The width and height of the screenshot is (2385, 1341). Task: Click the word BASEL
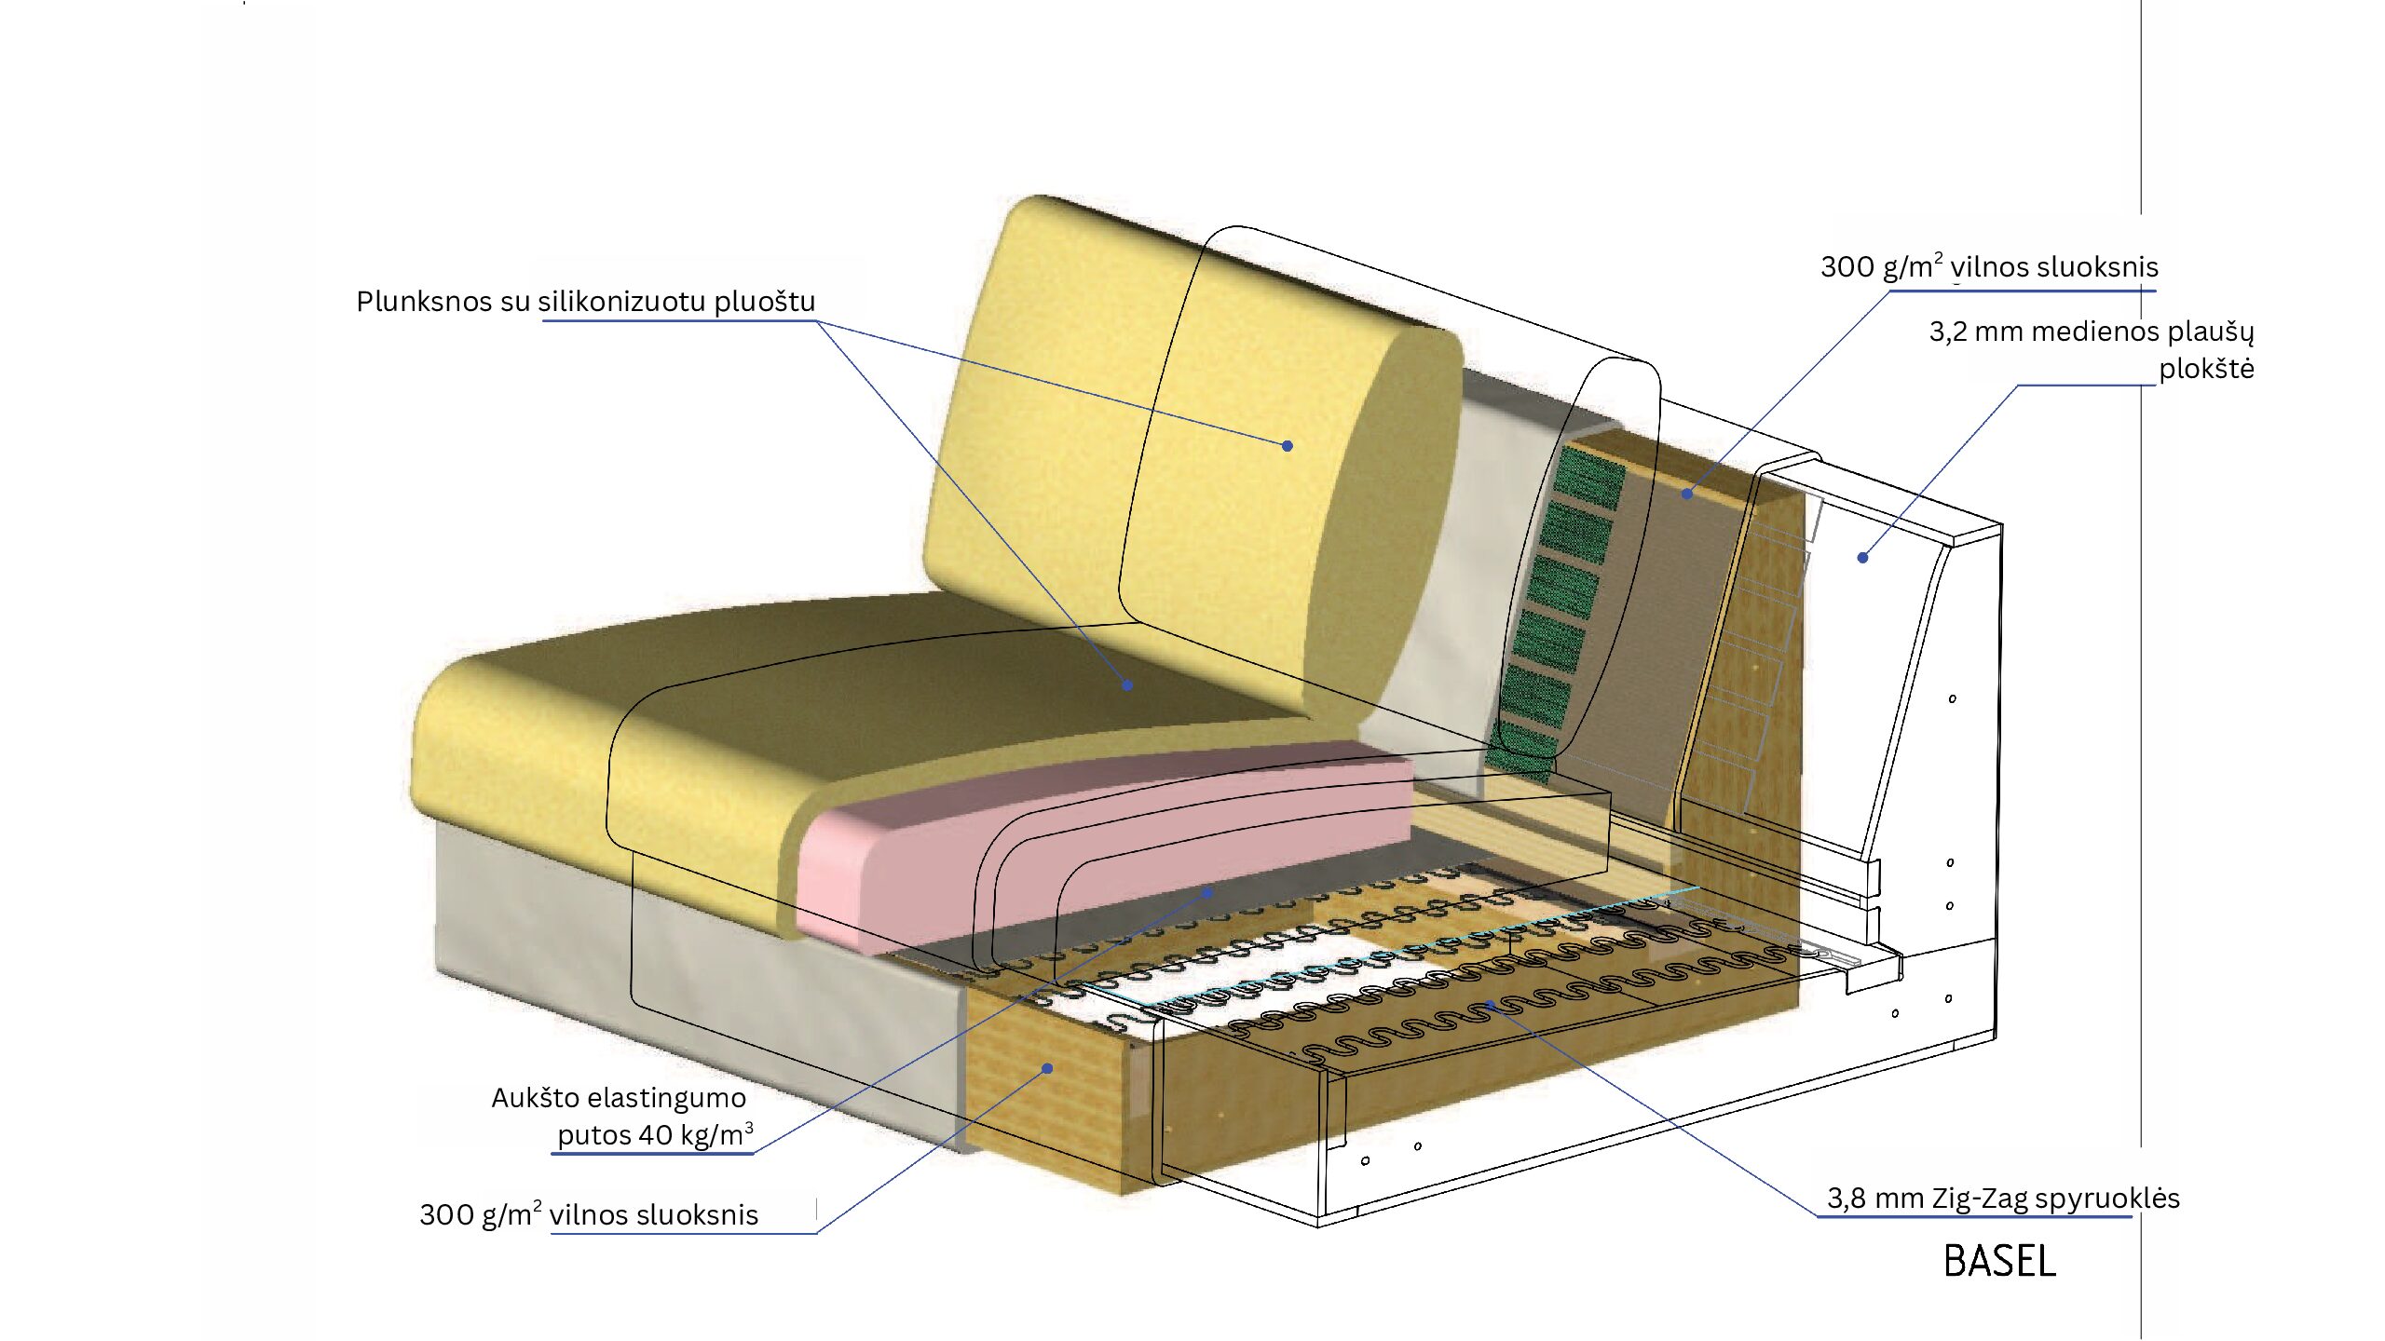pyautogui.click(x=1999, y=1262)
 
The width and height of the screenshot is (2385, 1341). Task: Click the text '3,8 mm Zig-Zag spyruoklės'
pyautogui.click(x=2003, y=1199)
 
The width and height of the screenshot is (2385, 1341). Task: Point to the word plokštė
pyautogui.click(x=2206, y=369)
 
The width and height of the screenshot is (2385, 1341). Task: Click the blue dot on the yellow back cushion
pyautogui.click(x=1288, y=446)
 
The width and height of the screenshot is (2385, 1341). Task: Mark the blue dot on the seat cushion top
pyautogui.click(x=1127, y=685)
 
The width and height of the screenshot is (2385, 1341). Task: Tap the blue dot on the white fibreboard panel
pyautogui.click(x=1862, y=558)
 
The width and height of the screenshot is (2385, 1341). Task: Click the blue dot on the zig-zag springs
pyautogui.click(x=1491, y=1004)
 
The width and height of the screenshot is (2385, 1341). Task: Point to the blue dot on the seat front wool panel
pyautogui.click(x=1047, y=1068)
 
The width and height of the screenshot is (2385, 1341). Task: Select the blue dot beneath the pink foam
pyautogui.click(x=1207, y=893)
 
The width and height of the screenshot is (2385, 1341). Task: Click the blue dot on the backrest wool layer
pyautogui.click(x=1687, y=494)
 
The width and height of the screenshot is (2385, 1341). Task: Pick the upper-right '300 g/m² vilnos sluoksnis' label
pyautogui.click(x=1989, y=267)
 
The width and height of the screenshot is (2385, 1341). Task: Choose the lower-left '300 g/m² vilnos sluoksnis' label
pyautogui.click(x=589, y=1215)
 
